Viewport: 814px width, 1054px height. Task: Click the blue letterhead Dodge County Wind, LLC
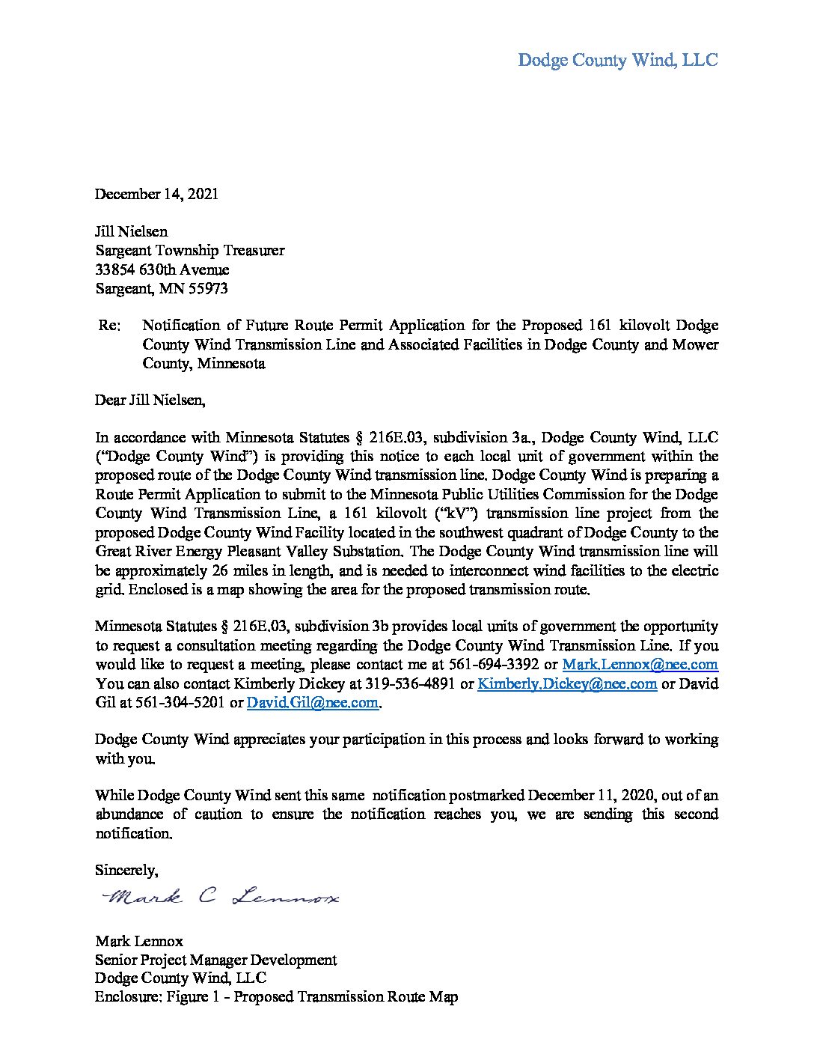(x=617, y=60)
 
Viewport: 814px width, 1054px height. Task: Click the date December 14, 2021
(x=156, y=194)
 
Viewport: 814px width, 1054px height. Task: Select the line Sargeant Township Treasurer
(x=189, y=251)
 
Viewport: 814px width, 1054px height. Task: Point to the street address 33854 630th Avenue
(x=162, y=269)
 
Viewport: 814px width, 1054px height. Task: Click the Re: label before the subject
(x=109, y=326)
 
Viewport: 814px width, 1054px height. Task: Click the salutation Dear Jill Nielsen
(x=150, y=400)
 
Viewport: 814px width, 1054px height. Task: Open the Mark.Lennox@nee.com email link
(x=640, y=665)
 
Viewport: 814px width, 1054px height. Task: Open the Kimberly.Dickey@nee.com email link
(x=567, y=683)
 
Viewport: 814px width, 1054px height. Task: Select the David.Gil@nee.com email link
(x=312, y=703)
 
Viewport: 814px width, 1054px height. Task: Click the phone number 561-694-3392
(x=495, y=665)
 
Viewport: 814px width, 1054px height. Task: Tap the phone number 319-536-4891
(x=410, y=683)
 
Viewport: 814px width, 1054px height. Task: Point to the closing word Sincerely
(x=126, y=870)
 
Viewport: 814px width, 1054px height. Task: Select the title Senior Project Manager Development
(x=215, y=960)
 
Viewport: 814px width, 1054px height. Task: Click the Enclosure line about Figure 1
(x=276, y=997)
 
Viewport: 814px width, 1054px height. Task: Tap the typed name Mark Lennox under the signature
(x=138, y=941)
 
